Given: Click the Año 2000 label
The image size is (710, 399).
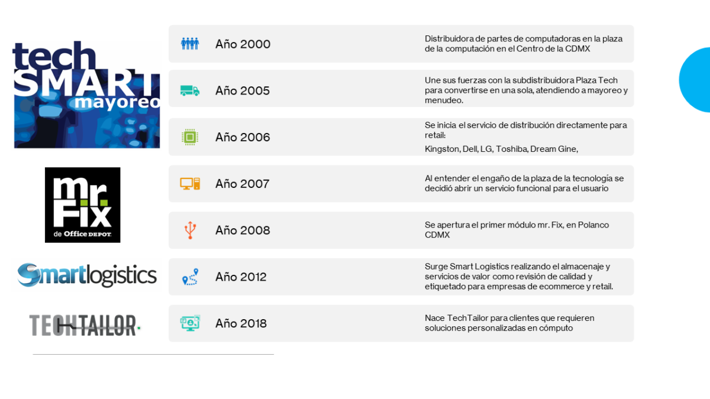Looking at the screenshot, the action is click(x=243, y=44).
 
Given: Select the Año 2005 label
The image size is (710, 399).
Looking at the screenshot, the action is click(x=243, y=90).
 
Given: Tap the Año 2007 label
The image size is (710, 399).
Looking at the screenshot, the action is click(x=243, y=184).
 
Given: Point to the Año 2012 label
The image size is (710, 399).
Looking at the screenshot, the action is click(x=241, y=277).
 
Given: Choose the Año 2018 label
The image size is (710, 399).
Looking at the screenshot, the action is click(x=241, y=323).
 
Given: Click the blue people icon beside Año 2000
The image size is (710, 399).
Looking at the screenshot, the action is click(x=190, y=44).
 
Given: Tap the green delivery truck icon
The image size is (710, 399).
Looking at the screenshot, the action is click(x=190, y=90).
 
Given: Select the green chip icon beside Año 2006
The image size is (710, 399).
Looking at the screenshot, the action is click(x=190, y=137).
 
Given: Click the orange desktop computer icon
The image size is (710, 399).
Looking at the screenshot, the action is click(x=190, y=184).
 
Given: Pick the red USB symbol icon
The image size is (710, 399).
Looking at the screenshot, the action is click(x=190, y=230).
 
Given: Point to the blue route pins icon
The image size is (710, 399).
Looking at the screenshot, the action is click(x=190, y=277).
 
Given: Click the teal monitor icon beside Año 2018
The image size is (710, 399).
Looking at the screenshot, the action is click(x=190, y=323).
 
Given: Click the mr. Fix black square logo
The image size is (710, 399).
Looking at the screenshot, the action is click(x=82, y=205).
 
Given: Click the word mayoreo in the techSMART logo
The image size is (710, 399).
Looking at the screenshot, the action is click(x=117, y=102).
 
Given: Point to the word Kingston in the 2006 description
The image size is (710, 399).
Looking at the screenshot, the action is click(x=443, y=149).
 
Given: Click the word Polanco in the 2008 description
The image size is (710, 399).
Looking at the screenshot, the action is click(x=593, y=225).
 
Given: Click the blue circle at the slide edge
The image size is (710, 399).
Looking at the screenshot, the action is click(x=696, y=80).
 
